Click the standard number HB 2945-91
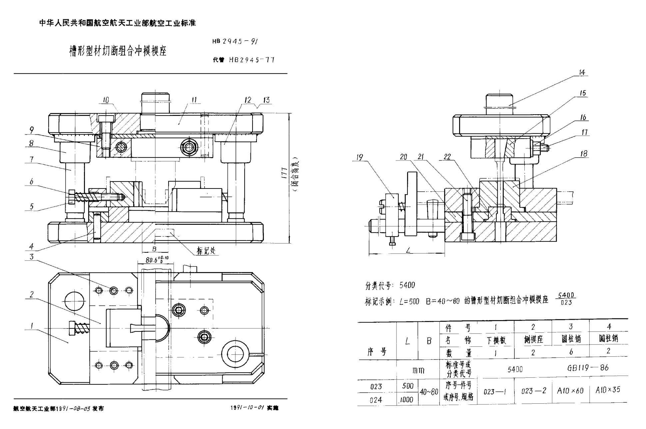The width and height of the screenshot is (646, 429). click(235, 41)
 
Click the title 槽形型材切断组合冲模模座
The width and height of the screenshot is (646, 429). click(117, 51)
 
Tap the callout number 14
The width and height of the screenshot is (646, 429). click(582, 72)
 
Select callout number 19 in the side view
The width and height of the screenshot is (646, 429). click(359, 157)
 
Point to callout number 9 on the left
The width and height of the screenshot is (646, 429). click(32, 130)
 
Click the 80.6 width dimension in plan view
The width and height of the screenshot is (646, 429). click(157, 260)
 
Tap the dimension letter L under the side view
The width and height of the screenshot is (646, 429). click(408, 250)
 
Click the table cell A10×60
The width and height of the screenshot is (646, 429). click(570, 390)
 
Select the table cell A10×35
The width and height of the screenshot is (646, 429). click(608, 390)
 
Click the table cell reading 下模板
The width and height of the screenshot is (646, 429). click(495, 340)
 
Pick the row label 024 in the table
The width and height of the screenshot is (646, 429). click(375, 400)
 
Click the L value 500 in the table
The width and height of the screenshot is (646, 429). click(407, 386)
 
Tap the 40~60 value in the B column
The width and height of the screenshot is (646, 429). click(428, 392)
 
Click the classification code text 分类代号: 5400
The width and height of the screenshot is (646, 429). click(390, 285)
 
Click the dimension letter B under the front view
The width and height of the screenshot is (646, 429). click(154, 249)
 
